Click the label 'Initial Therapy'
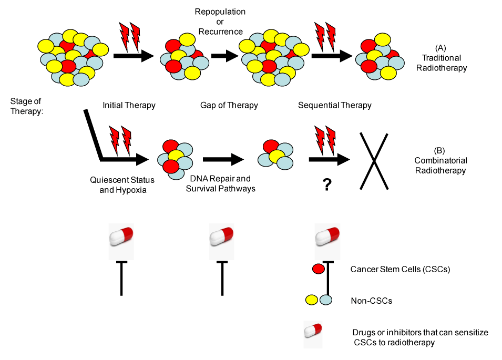[129, 105]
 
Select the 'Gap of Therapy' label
[229, 105]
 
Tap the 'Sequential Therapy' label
[335, 105]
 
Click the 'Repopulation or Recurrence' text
[220, 22]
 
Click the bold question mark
[327, 185]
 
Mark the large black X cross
[374, 161]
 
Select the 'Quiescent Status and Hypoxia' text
[124, 183]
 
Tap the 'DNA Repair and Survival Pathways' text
[221, 183]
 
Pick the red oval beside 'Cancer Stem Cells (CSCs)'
[318, 269]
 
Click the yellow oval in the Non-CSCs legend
[312, 300]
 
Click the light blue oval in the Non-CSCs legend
[326, 300]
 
